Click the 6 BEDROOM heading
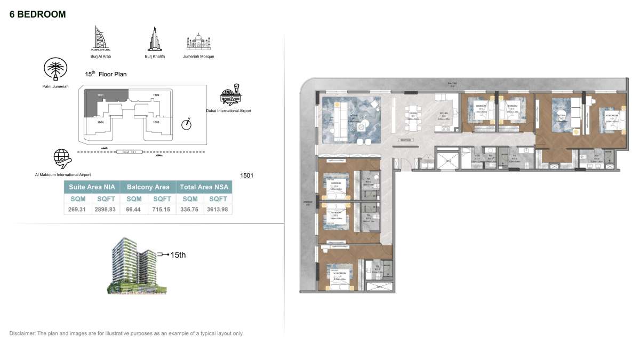tap(38, 14)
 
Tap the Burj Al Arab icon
tap(100, 39)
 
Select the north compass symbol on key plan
tap(186, 124)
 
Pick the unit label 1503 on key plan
tap(156, 122)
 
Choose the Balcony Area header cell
tap(148, 187)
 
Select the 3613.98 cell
tap(218, 210)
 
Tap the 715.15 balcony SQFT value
tap(162, 210)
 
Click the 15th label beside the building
tap(178, 255)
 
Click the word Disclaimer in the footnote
tap(21, 333)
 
